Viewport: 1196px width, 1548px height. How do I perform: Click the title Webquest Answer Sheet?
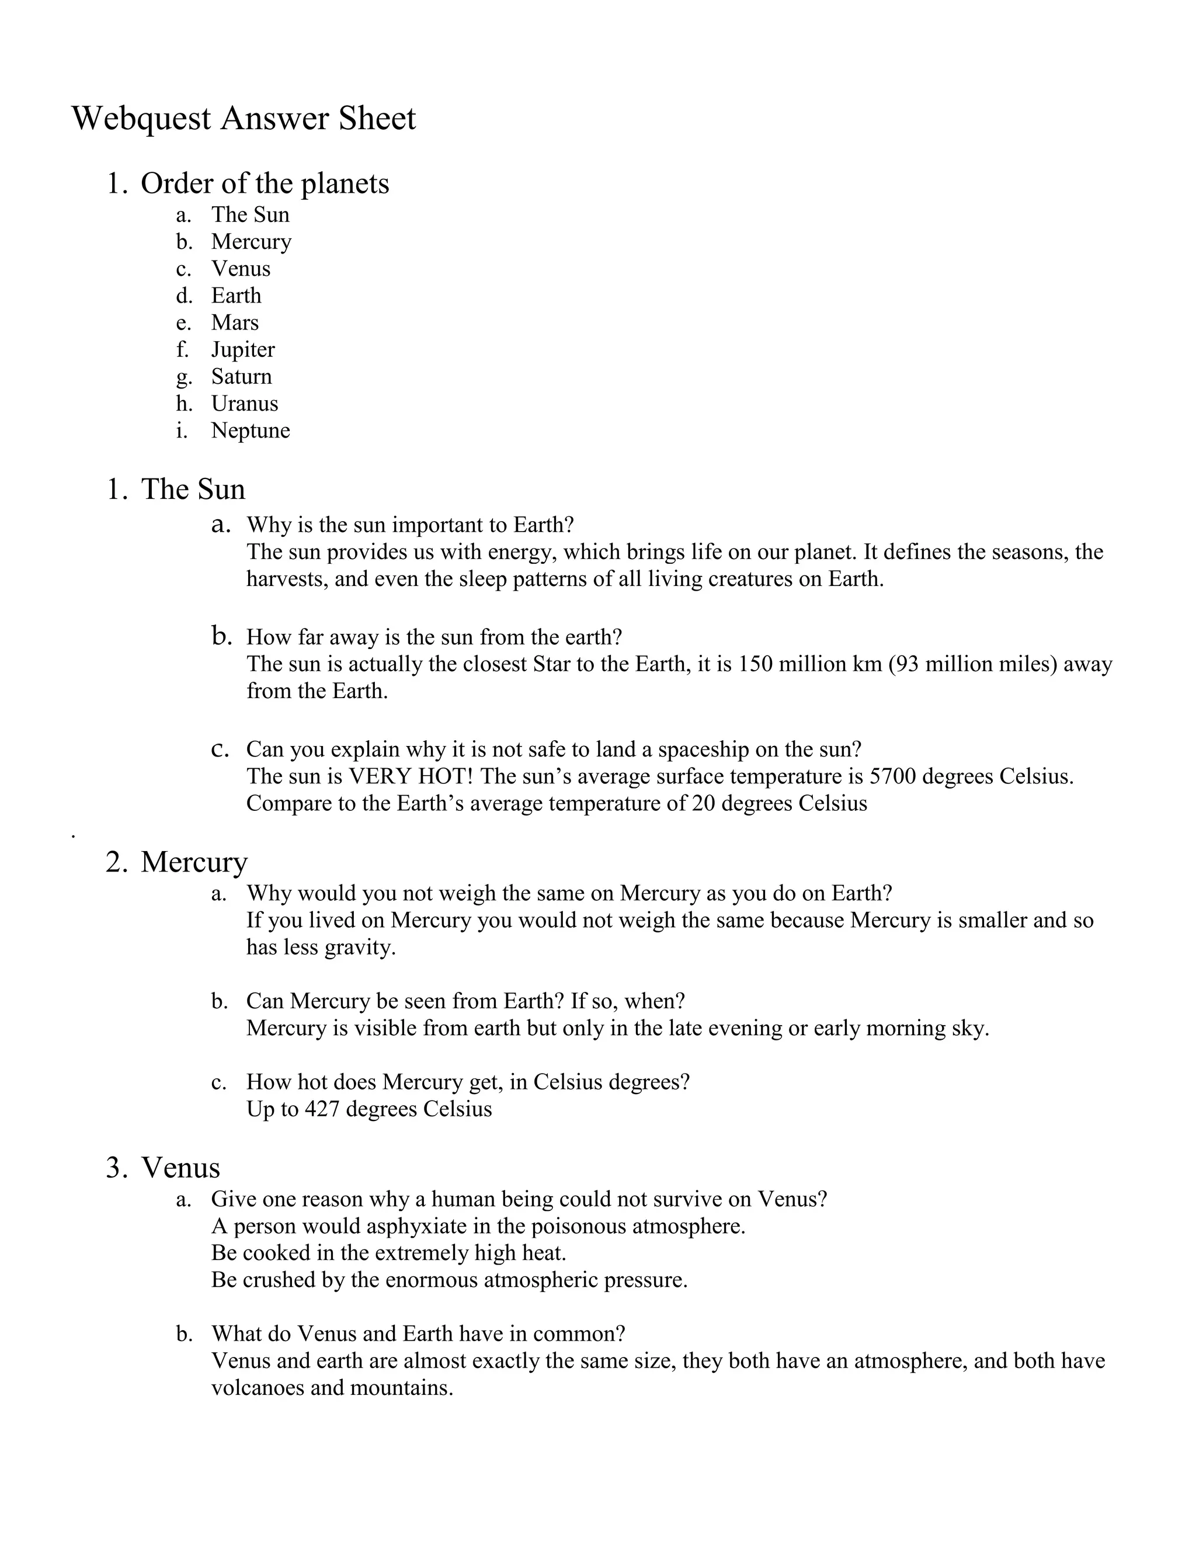(x=244, y=119)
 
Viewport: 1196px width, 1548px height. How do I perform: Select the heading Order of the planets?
(x=265, y=183)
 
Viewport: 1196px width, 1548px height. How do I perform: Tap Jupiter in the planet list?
(x=242, y=349)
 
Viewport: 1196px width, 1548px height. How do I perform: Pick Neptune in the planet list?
(x=250, y=431)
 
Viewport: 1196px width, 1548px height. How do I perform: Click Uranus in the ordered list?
(x=245, y=403)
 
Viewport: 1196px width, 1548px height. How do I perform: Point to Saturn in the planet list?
(x=241, y=376)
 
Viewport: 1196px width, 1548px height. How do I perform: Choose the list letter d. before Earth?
(x=183, y=296)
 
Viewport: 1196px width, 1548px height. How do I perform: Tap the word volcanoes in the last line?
(x=258, y=1388)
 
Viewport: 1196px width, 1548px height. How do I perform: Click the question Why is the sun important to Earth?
(x=409, y=525)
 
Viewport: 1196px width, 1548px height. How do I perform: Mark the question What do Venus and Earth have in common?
(x=418, y=1334)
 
